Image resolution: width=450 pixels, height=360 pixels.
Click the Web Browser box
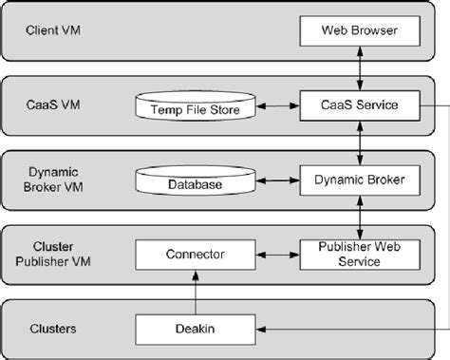(x=360, y=32)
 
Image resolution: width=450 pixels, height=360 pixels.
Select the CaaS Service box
(x=360, y=105)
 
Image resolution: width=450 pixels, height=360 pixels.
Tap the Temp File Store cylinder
(x=197, y=108)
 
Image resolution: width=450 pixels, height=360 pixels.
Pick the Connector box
(x=196, y=254)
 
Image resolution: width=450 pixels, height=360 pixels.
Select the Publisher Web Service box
(x=360, y=254)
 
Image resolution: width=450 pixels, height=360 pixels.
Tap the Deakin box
(x=196, y=329)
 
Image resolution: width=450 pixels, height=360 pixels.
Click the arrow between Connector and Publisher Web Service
(x=278, y=254)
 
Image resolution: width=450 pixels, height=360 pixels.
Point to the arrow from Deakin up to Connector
(x=196, y=291)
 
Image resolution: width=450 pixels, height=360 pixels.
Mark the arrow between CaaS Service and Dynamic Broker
(x=360, y=142)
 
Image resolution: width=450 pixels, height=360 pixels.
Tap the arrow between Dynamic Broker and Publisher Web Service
(x=360, y=216)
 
